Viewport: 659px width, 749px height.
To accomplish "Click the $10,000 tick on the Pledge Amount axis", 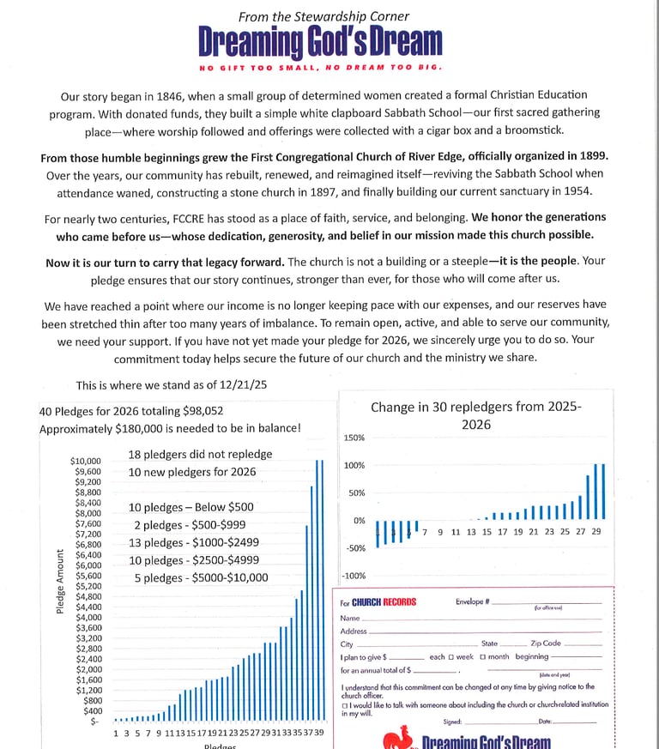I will [86, 462].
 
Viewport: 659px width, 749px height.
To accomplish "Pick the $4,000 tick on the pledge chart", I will [88, 618].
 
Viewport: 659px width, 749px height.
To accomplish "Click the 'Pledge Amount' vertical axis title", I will [60, 581].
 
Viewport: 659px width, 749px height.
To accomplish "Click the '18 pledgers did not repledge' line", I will [200, 454].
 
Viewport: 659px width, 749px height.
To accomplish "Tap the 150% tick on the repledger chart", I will [354, 438].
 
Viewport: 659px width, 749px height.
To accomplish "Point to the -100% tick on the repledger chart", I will [354, 576].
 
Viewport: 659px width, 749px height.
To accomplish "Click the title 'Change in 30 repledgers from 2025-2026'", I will [476, 415].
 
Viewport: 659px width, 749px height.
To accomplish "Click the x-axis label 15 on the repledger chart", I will [487, 532].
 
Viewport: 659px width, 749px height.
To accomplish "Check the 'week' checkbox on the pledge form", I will [451, 657].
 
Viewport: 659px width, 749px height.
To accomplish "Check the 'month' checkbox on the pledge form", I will [482, 657].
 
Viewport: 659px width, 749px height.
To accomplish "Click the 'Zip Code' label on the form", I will [546, 643].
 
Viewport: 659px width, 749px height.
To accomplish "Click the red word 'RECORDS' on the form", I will [399, 602].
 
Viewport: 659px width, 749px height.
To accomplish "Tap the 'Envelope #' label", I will [473, 601].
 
